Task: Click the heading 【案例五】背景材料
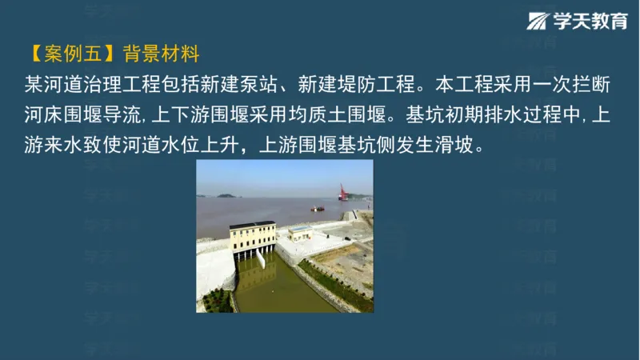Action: [x=112, y=54]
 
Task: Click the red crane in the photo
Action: [x=342, y=192]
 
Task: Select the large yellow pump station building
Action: [x=252, y=238]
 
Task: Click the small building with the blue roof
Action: [x=301, y=232]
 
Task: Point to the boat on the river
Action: [x=318, y=209]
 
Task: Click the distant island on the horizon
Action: [x=227, y=194]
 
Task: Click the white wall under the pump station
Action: [x=214, y=272]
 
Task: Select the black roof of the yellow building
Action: [x=252, y=225]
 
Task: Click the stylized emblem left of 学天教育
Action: [x=538, y=22]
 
